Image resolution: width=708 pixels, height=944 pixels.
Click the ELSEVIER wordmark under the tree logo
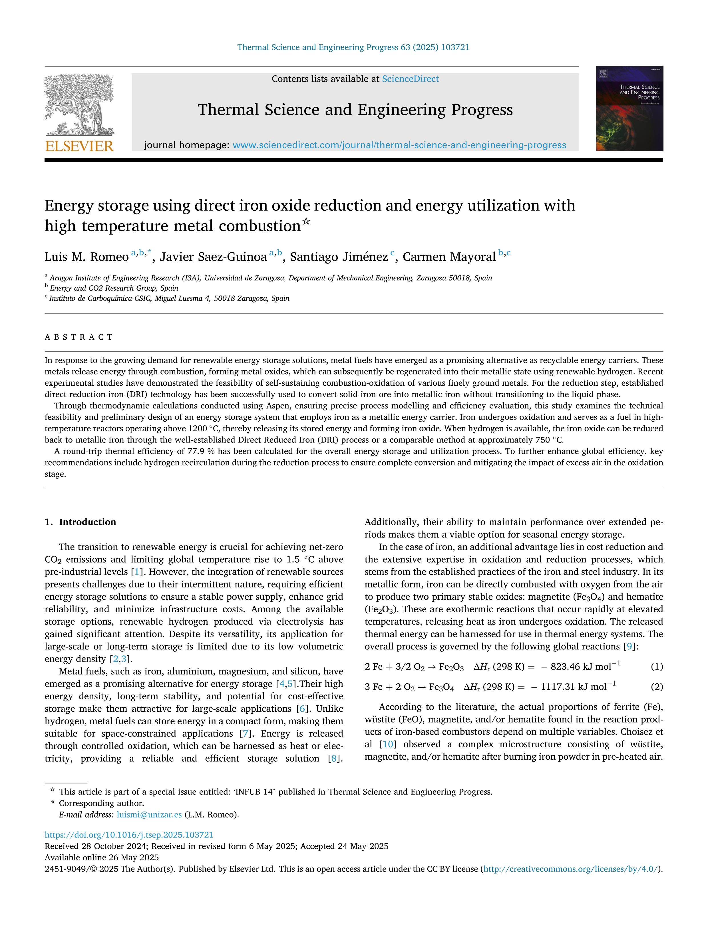pos(79,146)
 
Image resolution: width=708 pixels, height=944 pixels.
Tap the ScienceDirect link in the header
pos(410,79)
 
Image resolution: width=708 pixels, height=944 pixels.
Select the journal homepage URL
pos(399,145)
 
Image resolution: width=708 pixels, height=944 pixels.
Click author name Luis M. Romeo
pos(87,257)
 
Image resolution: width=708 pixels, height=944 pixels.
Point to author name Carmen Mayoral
pos(449,257)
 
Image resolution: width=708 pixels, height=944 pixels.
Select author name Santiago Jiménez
pos(339,257)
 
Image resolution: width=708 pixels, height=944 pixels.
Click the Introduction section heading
pos(87,522)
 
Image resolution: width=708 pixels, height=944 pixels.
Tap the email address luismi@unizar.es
pos(149,815)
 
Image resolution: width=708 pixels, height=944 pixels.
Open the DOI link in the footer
pos(129,835)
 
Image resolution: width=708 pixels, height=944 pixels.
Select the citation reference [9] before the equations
pos(629,647)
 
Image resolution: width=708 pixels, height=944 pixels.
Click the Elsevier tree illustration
pos(79,104)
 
